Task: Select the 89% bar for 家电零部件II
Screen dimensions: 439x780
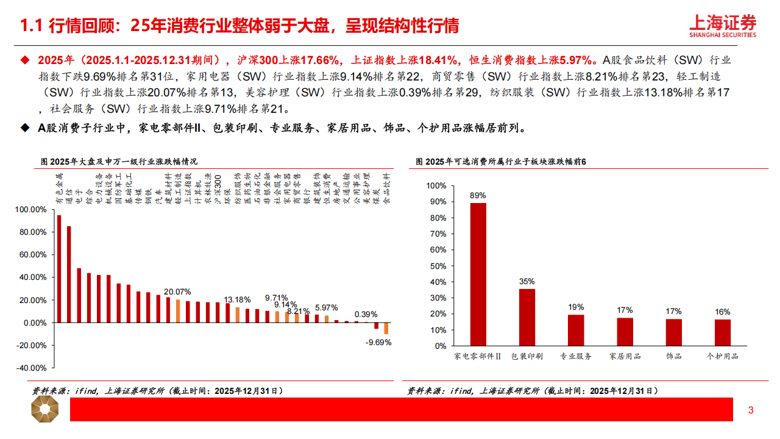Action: point(478,274)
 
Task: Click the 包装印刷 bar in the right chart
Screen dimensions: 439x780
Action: point(527,317)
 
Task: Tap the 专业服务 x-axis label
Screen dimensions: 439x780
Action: point(576,356)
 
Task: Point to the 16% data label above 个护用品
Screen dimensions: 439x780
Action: point(723,312)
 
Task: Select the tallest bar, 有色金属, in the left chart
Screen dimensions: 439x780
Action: point(59,268)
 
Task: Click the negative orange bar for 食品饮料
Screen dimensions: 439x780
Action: point(386,329)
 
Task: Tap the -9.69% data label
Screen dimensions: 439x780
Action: point(378,342)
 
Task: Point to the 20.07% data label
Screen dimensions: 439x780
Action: point(177,291)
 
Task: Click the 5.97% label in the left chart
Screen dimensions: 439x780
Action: point(326,307)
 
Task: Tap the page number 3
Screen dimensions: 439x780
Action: point(751,410)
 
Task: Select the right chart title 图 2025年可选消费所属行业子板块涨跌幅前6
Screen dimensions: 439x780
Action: point(500,162)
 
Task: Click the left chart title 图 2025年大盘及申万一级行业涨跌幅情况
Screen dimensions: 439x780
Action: point(119,162)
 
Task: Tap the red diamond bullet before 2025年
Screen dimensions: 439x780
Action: point(25,60)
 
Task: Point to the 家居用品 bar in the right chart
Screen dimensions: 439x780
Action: point(625,332)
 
